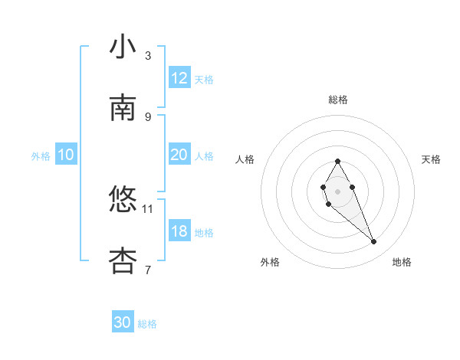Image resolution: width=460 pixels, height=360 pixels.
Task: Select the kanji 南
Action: (x=123, y=108)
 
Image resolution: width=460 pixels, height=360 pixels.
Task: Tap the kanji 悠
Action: (x=123, y=200)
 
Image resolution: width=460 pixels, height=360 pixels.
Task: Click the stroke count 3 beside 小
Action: (x=148, y=55)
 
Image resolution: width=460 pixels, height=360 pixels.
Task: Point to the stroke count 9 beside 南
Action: (x=148, y=116)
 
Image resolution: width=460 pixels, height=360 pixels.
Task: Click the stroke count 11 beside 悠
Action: (x=148, y=208)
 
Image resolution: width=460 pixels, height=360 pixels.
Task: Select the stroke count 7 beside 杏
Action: (x=148, y=270)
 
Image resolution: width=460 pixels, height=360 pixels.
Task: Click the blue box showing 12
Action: (x=179, y=78)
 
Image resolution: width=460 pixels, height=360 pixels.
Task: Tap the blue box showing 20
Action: (x=179, y=155)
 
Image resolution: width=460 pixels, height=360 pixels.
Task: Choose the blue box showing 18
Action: (x=179, y=231)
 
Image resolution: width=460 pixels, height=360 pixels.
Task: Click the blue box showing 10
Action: (x=66, y=155)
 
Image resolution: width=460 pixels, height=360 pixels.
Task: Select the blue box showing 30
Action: (x=123, y=323)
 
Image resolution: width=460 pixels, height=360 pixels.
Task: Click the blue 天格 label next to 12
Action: (x=204, y=80)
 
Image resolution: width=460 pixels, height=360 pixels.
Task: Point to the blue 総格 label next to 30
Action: (x=147, y=325)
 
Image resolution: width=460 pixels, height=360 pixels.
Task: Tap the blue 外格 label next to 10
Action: (x=41, y=156)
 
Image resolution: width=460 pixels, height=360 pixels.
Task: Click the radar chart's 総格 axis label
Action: (x=338, y=100)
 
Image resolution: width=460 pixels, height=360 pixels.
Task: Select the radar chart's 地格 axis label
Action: (x=402, y=262)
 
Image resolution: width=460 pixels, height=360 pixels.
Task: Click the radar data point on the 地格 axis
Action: (x=373, y=242)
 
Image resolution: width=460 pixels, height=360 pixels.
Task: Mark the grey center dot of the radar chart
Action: (x=337, y=190)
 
